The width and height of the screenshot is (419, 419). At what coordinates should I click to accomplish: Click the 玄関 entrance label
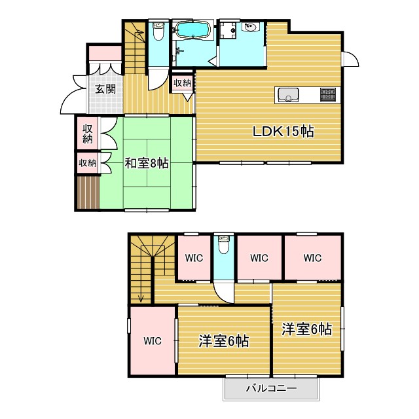point(105,89)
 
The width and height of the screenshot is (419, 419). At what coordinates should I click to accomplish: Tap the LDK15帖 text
point(284,132)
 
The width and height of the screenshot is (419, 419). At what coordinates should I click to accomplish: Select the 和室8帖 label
point(147,163)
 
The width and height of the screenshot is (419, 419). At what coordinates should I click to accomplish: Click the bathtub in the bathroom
point(191,31)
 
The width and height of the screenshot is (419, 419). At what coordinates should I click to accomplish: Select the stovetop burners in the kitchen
point(329,95)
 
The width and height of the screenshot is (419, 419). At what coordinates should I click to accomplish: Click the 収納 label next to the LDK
point(183,83)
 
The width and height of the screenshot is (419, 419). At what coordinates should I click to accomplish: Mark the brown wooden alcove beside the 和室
point(87,193)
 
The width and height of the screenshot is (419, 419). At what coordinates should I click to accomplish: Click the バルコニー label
point(271,388)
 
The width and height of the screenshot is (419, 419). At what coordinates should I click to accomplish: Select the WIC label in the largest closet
point(153,340)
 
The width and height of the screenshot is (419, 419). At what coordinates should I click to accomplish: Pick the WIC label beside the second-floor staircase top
point(194,258)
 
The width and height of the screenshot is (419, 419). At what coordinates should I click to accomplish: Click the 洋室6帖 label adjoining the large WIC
point(223,340)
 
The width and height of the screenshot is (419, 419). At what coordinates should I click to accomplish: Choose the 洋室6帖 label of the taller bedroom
point(306,329)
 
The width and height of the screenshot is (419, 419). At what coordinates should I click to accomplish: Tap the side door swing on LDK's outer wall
point(350,60)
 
